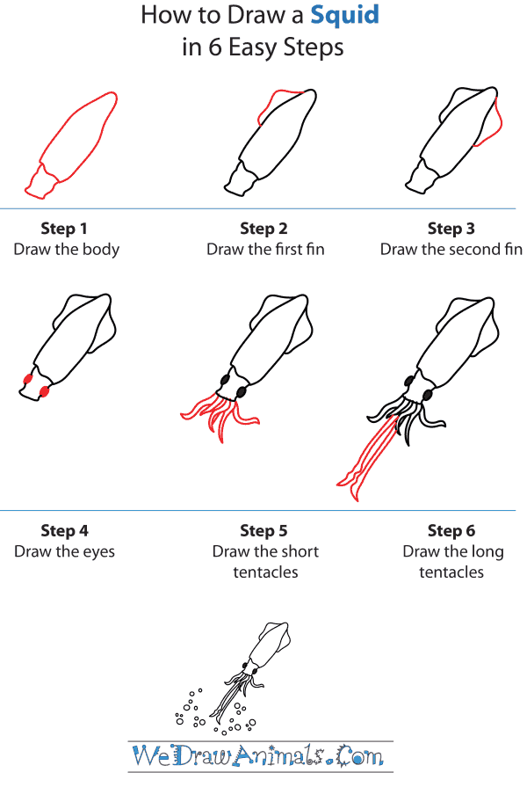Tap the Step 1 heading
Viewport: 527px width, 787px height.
pyautogui.click(x=64, y=229)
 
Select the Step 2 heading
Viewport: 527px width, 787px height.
pyautogui.click(x=263, y=229)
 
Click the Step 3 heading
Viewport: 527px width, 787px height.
pyautogui.click(x=451, y=229)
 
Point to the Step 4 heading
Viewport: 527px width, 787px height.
pyautogui.click(x=64, y=530)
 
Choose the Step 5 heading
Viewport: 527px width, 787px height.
pyautogui.click(x=263, y=530)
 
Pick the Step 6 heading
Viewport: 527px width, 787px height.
pyautogui.click(x=451, y=530)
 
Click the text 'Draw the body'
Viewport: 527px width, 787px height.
pyautogui.click(x=66, y=249)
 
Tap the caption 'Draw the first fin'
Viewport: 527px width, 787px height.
pyautogui.click(x=265, y=249)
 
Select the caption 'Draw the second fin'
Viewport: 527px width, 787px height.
pyautogui.click(x=451, y=249)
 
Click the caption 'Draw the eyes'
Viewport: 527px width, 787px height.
pyautogui.click(x=64, y=551)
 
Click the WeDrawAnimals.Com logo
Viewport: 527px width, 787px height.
pyautogui.click(x=258, y=754)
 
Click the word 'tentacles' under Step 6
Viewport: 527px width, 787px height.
pyautogui.click(x=451, y=572)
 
